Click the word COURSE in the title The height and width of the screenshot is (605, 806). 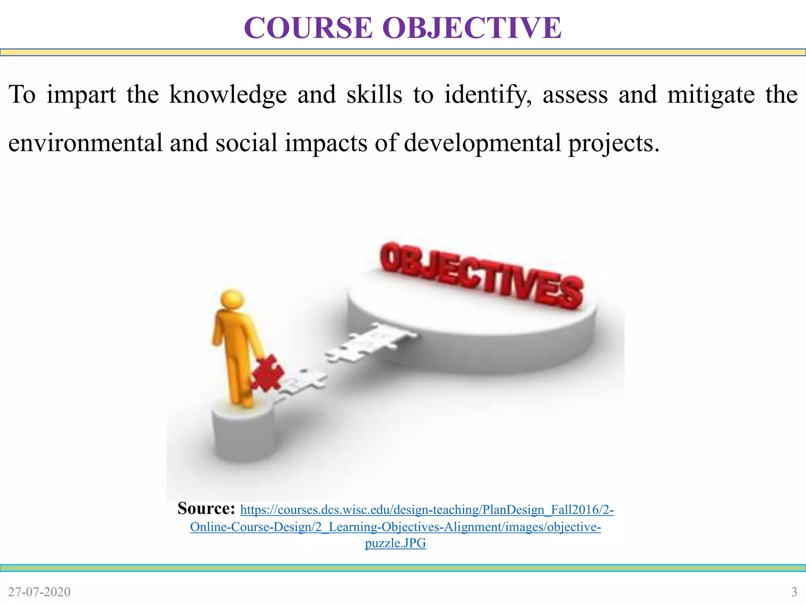[308, 28]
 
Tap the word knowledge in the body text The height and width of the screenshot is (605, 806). [228, 95]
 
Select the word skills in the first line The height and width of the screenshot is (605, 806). [374, 95]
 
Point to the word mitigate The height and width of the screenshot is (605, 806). [711, 95]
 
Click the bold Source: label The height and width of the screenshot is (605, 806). [206, 508]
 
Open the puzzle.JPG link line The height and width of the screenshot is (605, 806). [395, 544]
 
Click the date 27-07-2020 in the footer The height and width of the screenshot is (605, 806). [39, 592]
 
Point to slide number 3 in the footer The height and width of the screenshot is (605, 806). [794, 592]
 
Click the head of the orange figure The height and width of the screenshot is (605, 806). [232, 300]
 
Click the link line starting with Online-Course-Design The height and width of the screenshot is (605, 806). [395, 527]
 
